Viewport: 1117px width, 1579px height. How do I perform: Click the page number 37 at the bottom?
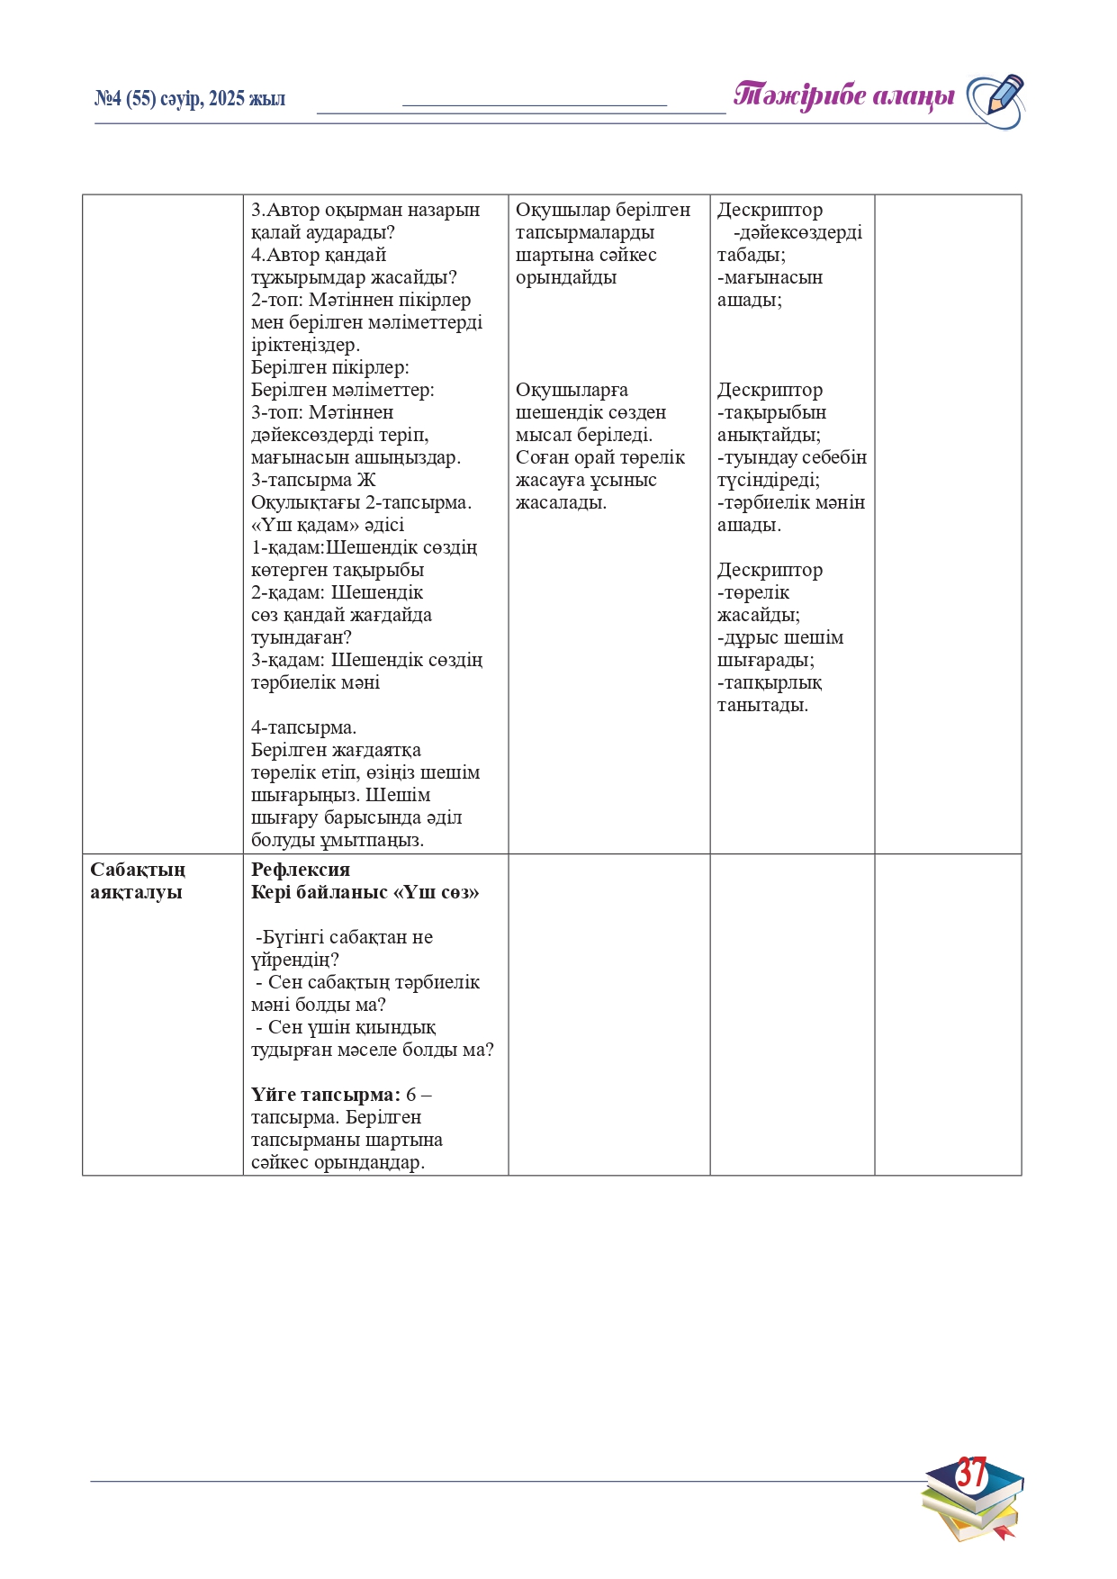971,1473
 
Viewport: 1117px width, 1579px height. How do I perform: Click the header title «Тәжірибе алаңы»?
843,96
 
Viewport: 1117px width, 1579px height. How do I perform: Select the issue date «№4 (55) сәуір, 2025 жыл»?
190,99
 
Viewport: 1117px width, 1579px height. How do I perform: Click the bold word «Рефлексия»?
300,870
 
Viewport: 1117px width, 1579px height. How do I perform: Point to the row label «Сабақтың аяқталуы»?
138,880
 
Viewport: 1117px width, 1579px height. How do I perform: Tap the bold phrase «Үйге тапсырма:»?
325,1095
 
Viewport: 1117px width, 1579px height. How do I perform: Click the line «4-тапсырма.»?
303,727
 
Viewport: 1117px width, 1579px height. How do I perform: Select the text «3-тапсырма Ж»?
312,480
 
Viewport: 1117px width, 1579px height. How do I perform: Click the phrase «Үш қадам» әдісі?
328,525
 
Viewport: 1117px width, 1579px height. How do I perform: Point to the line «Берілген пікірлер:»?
329,367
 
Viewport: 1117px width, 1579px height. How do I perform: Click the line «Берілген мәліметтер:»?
342,390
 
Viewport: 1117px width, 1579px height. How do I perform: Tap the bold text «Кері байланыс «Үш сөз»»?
365,892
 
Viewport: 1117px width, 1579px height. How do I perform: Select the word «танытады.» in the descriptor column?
762,705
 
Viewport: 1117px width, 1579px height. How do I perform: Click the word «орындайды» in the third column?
565,277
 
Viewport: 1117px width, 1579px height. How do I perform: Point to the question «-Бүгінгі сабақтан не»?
344,937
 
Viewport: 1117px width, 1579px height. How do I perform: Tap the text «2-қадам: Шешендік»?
337,592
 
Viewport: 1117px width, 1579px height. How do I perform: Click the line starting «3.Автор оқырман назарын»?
365,210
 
